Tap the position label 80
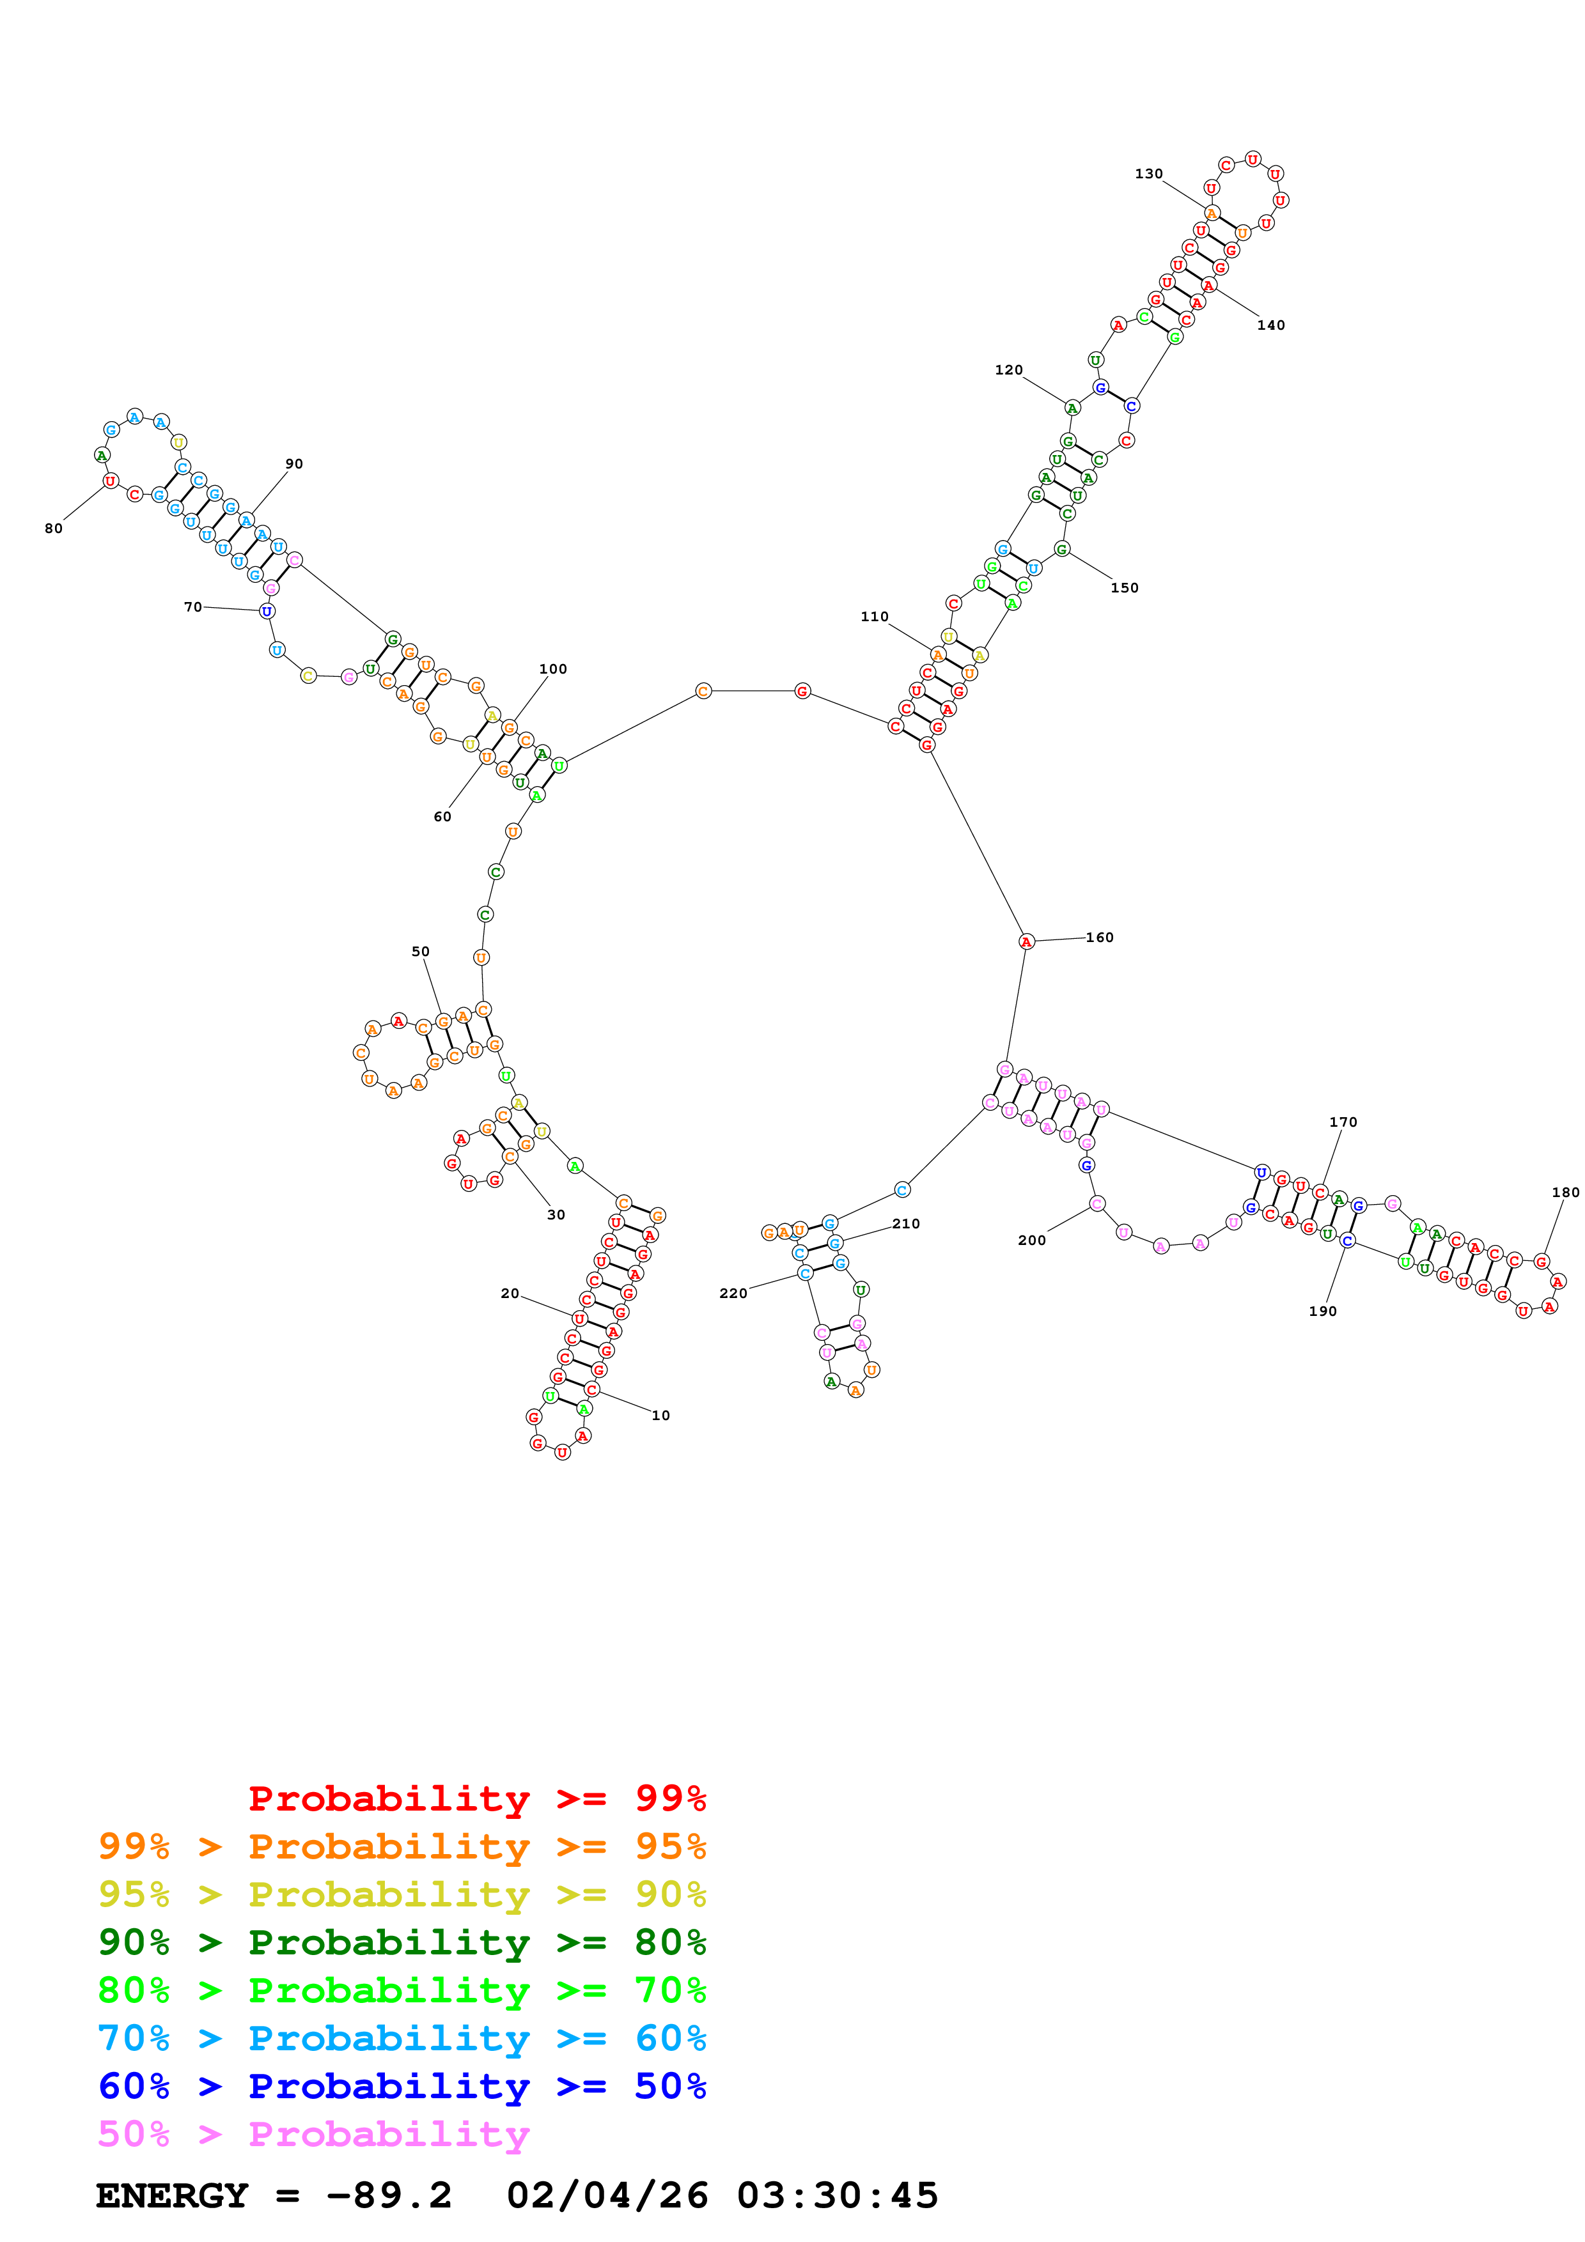click(54, 529)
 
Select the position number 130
click(1148, 174)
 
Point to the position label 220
click(733, 1293)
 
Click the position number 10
click(661, 1415)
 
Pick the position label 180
click(1565, 1193)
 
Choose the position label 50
click(420, 951)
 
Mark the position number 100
click(553, 669)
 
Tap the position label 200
click(1031, 1240)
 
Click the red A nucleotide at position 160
click(1026, 941)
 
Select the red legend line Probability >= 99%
click(476, 1798)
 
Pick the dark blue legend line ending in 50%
click(402, 2086)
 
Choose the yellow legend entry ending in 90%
click(402, 1894)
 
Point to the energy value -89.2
click(389, 2195)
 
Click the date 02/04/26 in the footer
click(607, 2195)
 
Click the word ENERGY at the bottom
click(172, 2195)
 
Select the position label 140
click(1270, 325)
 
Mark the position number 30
click(556, 1215)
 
